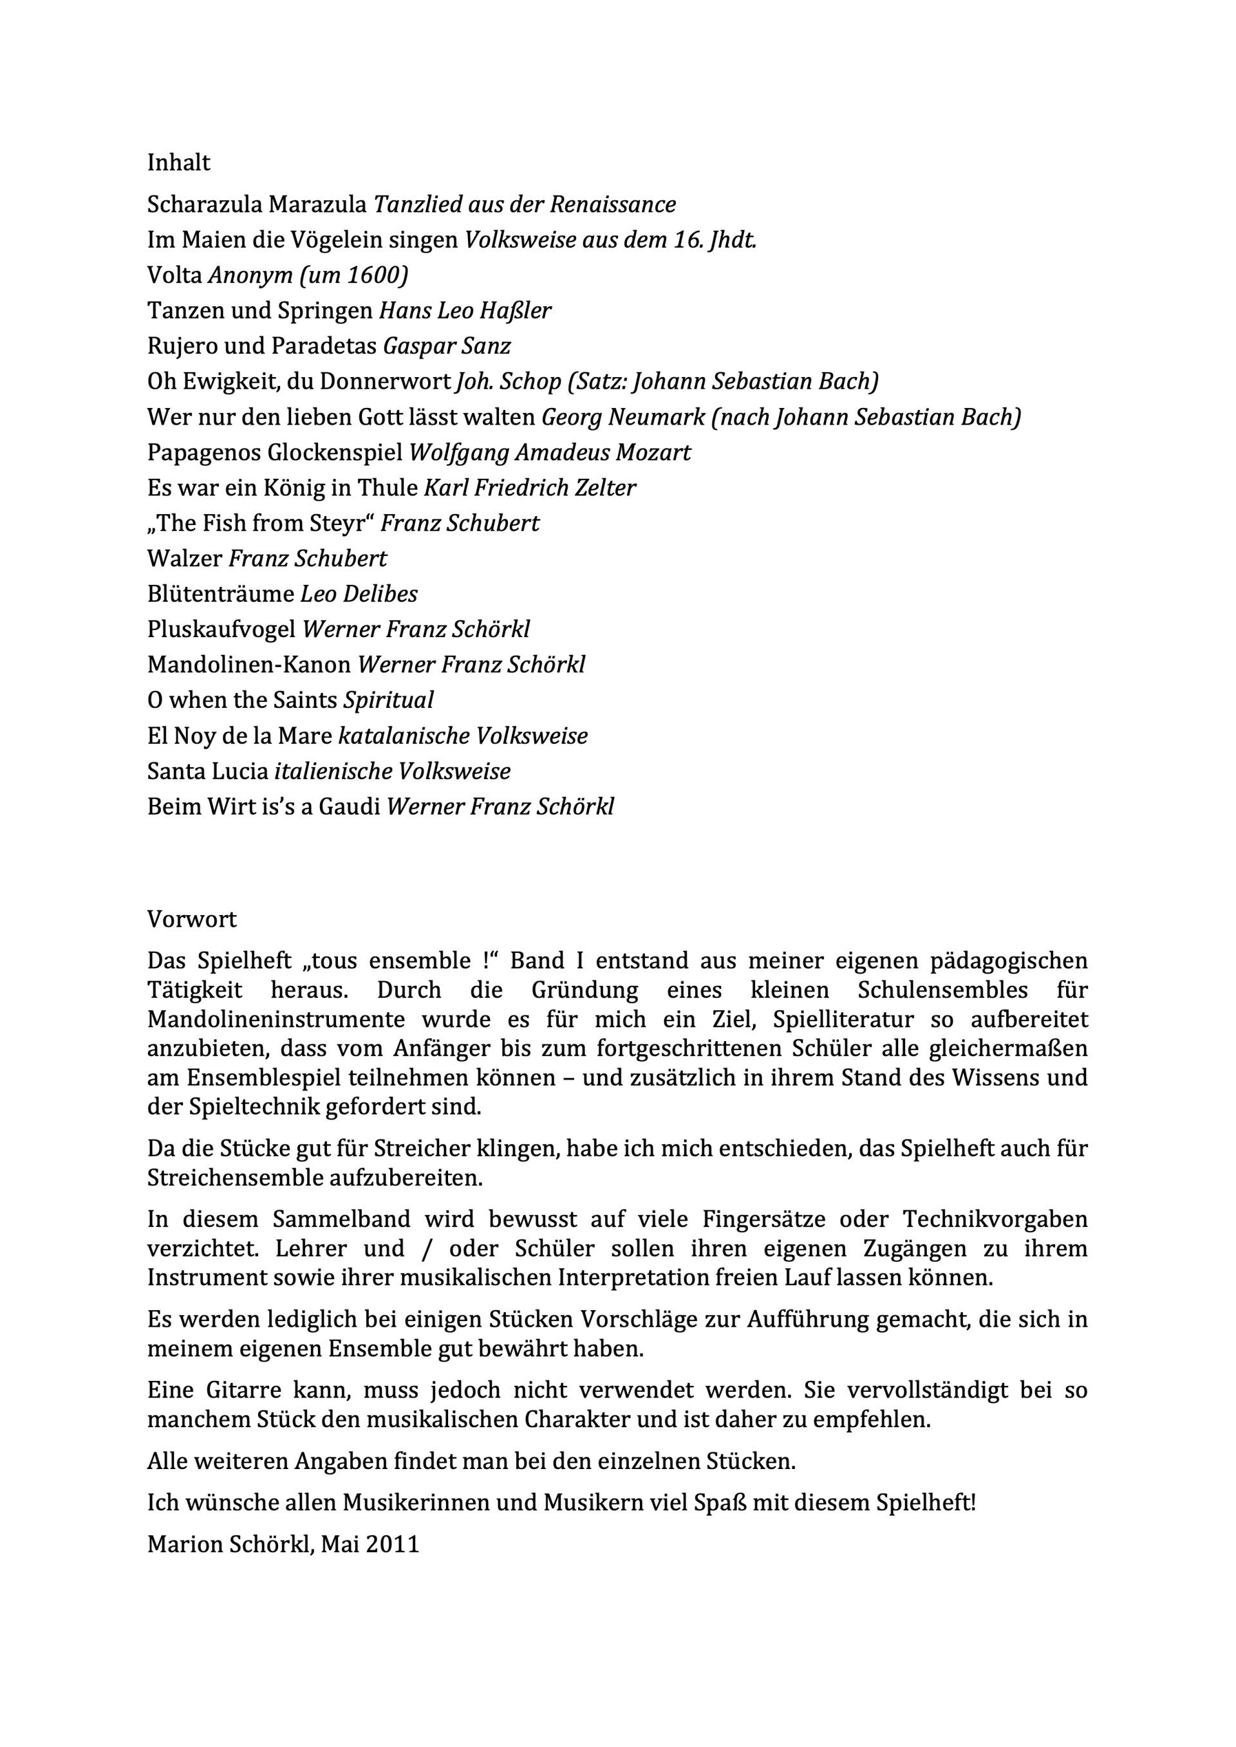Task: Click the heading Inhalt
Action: click(x=179, y=163)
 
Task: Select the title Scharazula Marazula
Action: click(x=257, y=205)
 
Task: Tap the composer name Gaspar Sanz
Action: click(x=447, y=346)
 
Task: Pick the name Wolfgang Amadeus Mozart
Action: click(x=550, y=453)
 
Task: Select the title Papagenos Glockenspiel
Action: click(x=275, y=453)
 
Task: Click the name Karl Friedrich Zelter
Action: click(x=530, y=488)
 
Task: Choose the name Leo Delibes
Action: click(x=359, y=595)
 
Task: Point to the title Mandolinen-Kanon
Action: click(x=249, y=665)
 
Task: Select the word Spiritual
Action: click(x=388, y=700)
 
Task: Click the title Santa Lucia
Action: click(x=208, y=772)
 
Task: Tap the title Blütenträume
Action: click(x=221, y=595)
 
